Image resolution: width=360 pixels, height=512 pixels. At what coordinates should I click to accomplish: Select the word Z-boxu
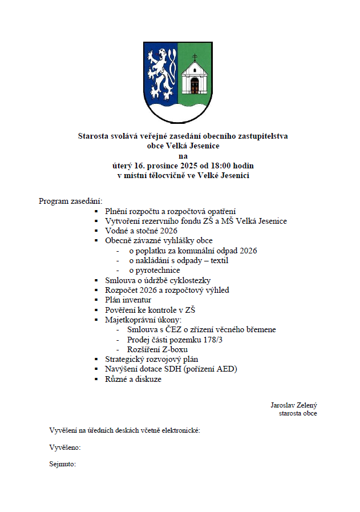(x=175, y=349)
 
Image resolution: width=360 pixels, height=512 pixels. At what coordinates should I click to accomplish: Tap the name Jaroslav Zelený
(x=293, y=405)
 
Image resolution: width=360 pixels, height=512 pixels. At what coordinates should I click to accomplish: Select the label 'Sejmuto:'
(x=63, y=464)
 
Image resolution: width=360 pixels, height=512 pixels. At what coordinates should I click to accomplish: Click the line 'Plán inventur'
(x=128, y=300)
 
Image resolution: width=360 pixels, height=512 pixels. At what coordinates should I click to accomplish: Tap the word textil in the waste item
(x=217, y=260)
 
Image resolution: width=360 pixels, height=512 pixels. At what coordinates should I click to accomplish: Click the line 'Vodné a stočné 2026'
(x=141, y=231)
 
